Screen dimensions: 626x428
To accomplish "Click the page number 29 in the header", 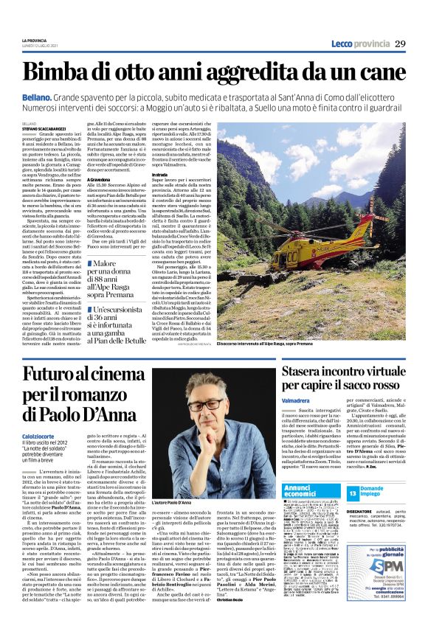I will click(401, 44).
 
